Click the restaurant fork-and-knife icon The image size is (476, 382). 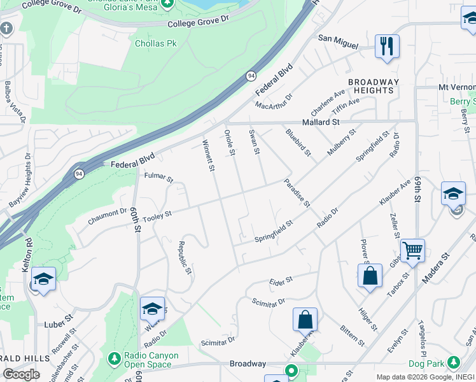point(387,46)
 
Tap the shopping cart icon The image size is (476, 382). point(412,251)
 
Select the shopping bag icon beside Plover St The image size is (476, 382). point(370,276)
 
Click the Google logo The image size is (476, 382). point(21,374)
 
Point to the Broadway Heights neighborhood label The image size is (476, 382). point(374,86)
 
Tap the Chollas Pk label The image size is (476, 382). point(155,44)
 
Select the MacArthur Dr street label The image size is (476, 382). point(274,101)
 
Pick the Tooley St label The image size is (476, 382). point(158,215)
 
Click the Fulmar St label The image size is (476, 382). point(159,177)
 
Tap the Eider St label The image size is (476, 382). point(280,280)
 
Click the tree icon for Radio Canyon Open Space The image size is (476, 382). point(114,358)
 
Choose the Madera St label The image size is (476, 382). point(436,265)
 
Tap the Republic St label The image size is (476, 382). point(185,257)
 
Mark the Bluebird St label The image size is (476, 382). point(298,143)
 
